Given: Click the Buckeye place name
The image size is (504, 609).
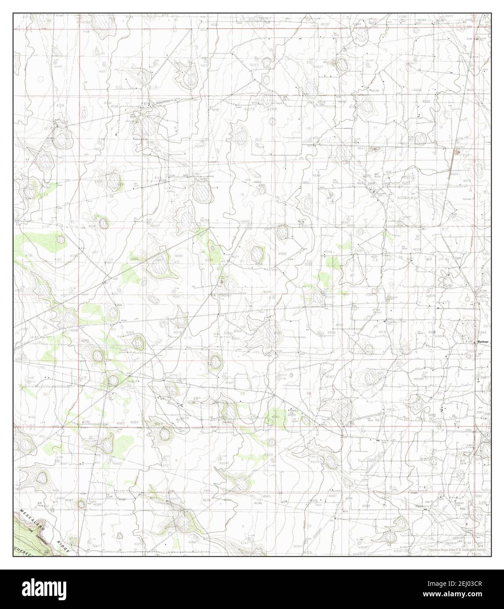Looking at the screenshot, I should (483, 341).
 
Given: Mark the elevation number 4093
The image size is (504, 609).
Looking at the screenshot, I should (85, 340).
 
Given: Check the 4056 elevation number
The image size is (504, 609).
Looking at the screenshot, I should (206, 500).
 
